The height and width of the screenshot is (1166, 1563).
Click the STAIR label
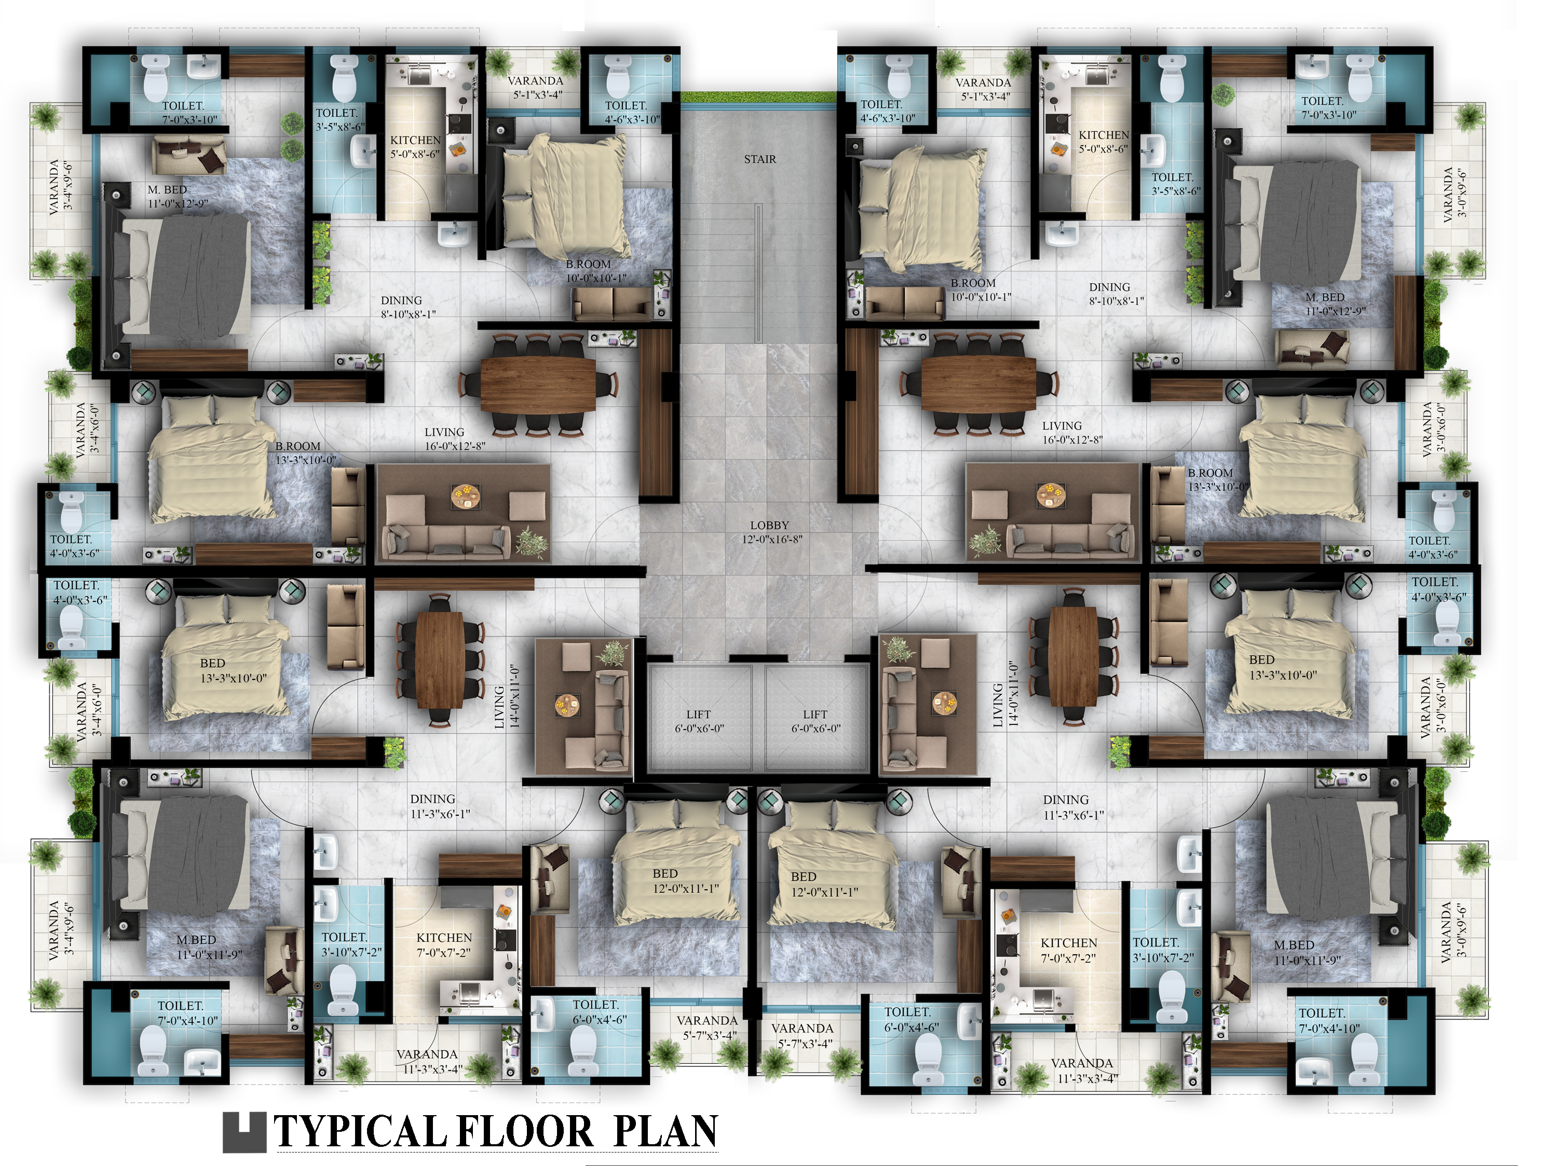pyautogui.click(x=759, y=159)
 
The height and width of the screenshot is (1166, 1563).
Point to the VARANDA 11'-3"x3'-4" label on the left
pyautogui.click(x=427, y=1062)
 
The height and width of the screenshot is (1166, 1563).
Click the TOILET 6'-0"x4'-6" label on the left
pyautogui.click(x=598, y=1011)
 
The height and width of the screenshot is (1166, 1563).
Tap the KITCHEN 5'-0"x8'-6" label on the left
pyautogui.click(x=415, y=147)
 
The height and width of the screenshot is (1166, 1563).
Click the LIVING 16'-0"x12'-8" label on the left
pyautogui.click(x=453, y=438)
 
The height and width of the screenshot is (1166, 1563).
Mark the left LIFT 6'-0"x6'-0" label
pyautogui.click(x=699, y=721)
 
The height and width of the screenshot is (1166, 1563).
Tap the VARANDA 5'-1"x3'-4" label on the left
pyautogui.click(x=536, y=88)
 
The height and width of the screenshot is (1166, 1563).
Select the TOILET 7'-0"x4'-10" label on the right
pyautogui.click(x=1328, y=1021)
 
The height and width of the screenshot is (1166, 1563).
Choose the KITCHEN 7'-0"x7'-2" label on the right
pyautogui.click(x=1068, y=950)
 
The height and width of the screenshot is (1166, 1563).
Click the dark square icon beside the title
pyautogui.click(x=244, y=1132)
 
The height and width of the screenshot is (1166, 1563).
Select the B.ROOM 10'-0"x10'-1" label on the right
pyautogui.click(x=980, y=290)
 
